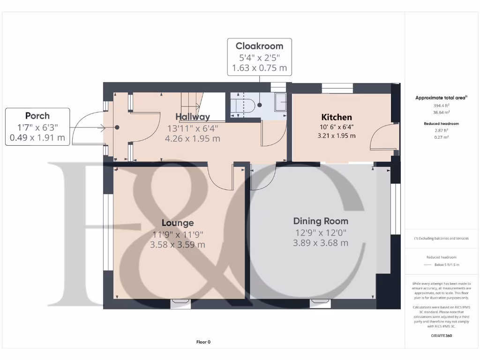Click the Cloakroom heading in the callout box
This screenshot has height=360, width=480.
point(259,46)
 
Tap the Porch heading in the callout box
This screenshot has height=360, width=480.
point(37,116)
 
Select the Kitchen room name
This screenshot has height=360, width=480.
point(336,117)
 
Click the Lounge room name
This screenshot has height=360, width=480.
point(178,223)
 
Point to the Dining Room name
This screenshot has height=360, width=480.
point(321,221)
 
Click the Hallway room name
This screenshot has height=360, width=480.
point(193,117)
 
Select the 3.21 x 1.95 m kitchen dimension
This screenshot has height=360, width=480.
point(336,136)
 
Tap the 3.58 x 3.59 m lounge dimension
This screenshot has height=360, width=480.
point(178,245)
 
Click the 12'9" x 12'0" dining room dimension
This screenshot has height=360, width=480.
point(321,232)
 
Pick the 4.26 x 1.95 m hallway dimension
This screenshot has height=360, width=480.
point(193,139)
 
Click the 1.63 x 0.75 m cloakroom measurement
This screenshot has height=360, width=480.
point(259,68)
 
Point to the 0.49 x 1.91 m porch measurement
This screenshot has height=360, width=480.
point(37,138)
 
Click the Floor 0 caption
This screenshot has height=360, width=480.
point(203,342)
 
